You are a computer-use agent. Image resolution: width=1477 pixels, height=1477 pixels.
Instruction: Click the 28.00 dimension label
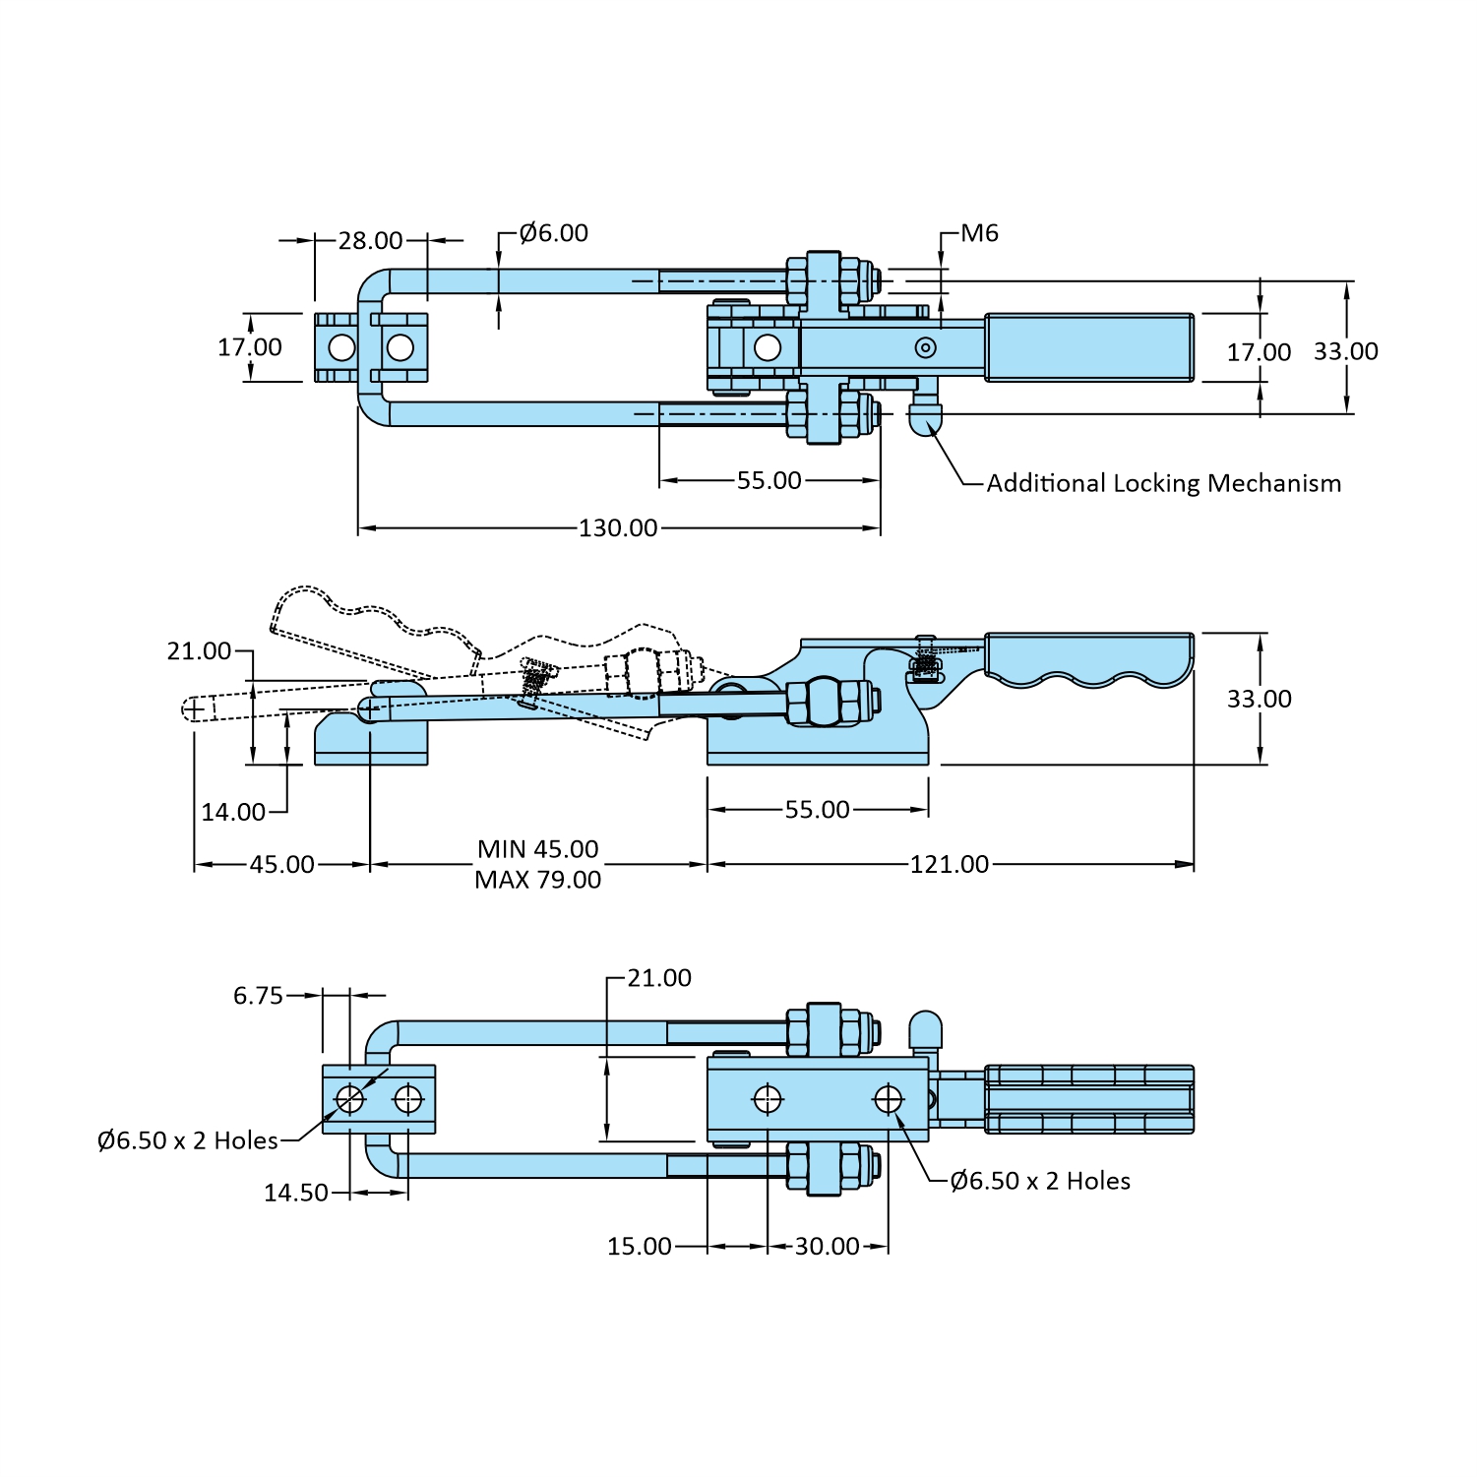370,241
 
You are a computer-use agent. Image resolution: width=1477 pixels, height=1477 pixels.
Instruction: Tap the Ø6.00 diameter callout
554,233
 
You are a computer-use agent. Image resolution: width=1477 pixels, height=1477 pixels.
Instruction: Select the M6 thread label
979,233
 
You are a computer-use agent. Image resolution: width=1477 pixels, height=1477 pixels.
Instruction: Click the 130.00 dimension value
618,528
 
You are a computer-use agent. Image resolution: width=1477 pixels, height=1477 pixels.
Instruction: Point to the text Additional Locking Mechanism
1164,483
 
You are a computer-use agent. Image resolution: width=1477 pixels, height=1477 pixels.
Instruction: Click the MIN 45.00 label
538,849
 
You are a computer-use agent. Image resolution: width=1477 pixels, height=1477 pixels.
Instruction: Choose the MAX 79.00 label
538,880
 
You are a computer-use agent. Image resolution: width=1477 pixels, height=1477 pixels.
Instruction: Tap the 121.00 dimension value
950,865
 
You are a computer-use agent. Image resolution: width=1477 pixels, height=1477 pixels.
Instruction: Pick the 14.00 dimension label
233,813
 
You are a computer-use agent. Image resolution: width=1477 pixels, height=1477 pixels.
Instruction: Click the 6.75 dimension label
258,996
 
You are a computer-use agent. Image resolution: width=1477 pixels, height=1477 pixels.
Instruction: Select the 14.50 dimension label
295,1194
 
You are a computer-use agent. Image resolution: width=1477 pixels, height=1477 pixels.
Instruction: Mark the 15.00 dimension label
639,1247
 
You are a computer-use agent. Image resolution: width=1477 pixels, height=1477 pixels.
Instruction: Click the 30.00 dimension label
828,1247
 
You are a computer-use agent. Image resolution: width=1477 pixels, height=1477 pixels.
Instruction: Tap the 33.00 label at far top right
1346,351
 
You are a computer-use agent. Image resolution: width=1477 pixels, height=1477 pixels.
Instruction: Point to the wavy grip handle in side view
1089,658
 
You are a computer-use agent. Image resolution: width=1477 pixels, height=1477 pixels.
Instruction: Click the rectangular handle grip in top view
1090,347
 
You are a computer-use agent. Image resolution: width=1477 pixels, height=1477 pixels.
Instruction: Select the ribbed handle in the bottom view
1089,1099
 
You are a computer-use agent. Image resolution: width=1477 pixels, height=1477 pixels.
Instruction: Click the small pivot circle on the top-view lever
925,347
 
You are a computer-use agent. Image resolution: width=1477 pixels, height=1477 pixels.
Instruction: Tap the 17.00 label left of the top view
250,347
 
